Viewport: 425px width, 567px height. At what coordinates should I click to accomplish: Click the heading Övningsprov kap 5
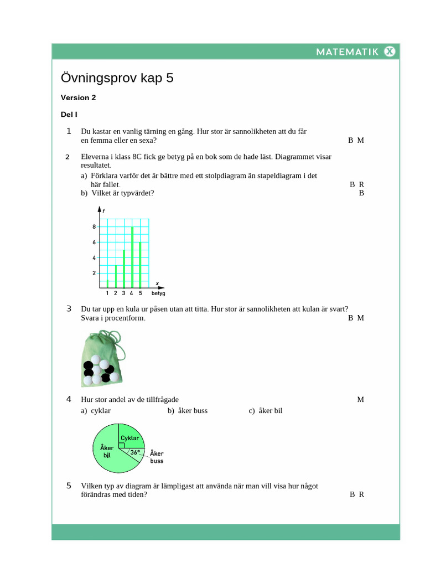[x=117, y=78]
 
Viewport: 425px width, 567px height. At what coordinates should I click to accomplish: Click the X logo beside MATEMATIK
[x=390, y=51]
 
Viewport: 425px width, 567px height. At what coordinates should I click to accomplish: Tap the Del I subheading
[x=69, y=115]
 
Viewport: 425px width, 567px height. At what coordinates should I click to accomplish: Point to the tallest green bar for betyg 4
[x=132, y=257]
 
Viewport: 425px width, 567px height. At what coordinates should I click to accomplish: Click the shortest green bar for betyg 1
[x=107, y=283]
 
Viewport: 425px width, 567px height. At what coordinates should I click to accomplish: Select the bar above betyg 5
[x=141, y=265]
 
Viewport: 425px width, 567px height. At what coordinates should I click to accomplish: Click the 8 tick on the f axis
[x=94, y=226]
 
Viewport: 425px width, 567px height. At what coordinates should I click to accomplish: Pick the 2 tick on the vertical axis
[x=94, y=273]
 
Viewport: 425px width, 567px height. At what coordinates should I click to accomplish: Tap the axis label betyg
[x=158, y=293]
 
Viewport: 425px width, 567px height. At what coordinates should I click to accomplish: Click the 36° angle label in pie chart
[x=135, y=452]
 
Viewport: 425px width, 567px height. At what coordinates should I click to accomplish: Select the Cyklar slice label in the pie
[x=129, y=438]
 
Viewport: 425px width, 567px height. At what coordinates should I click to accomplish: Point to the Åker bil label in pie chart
[x=107, y=451]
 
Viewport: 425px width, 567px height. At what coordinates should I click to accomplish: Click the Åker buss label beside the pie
[x=157, y=457]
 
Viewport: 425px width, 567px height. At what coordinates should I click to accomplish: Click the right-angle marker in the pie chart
[x=121, y=445]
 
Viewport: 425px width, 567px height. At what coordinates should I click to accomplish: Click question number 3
[x=69, y=308]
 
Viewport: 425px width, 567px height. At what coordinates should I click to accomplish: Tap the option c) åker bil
[x=266, y=410]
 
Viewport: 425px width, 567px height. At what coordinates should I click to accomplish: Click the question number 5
[x=69, y=486]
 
